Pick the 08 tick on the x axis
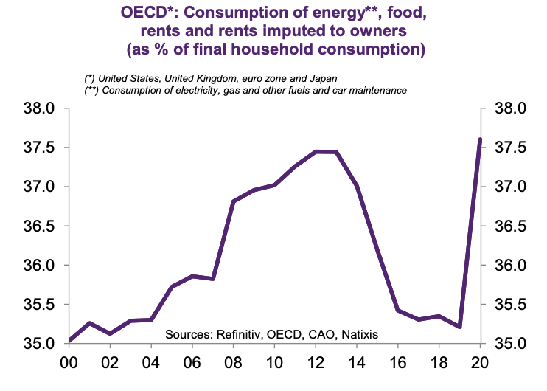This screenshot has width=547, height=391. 233,363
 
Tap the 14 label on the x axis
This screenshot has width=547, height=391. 357,363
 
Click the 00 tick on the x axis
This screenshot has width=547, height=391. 69,363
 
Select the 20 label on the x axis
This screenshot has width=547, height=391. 481,363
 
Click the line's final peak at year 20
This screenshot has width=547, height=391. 481,139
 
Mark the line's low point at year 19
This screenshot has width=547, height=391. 460,327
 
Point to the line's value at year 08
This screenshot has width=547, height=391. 233,201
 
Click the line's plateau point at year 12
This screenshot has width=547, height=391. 316,152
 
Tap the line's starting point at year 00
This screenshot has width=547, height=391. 69,341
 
